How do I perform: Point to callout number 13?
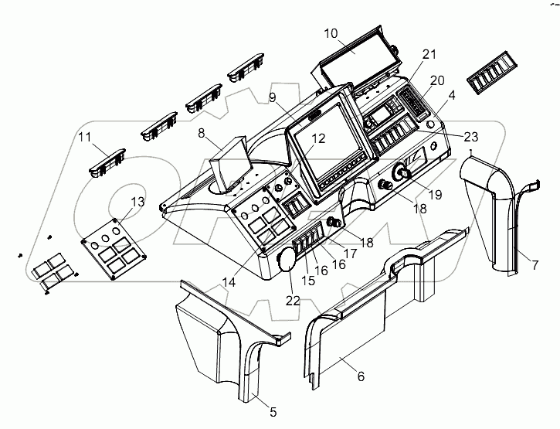[x=137, y=202]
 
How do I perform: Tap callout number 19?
[x=435, y=195]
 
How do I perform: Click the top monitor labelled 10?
[x=355, y=58]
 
